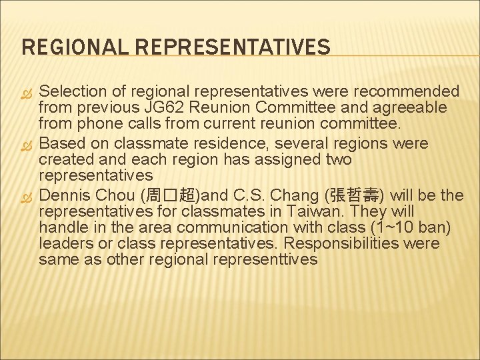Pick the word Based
pos(63,143)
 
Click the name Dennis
pos(65,196)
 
